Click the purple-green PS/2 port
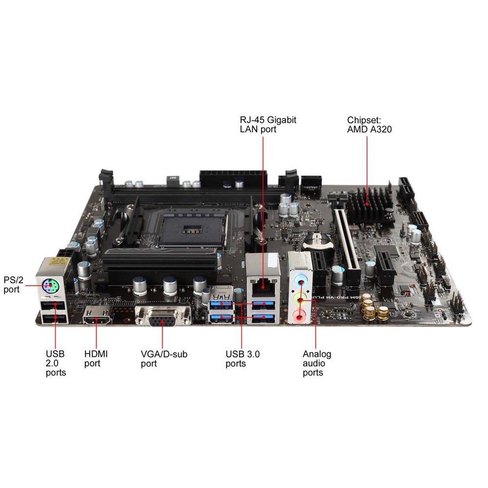click(50, 284)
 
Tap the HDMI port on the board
click(98, 320)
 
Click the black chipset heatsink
click(371, 205)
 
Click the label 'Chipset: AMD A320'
click(369, 124)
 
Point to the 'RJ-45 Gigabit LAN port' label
click(268, 124)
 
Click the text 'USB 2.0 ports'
click(56, 363)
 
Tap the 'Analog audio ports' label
click(317, 363)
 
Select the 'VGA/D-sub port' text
click(163, 359)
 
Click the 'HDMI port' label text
click(96, 359)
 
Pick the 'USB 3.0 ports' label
click(243, 359)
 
